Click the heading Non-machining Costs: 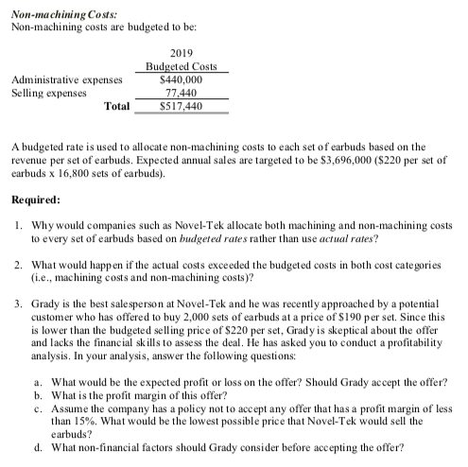click(x=58, y=8)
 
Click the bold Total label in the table click(x=117, y=107)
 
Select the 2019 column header click(x=182, y=54)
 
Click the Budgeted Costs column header click(x=182, y=67)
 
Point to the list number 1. click(x=20, y=226)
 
